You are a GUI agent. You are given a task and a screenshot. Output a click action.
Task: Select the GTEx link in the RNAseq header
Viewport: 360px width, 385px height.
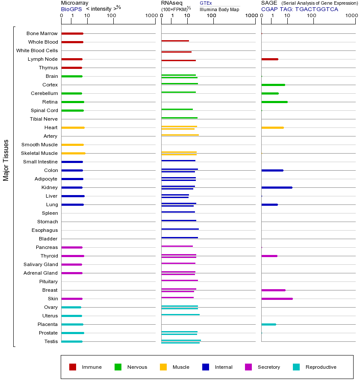(206, 3)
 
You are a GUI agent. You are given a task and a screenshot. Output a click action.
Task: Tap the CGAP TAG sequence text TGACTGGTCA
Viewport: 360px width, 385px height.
(316, 9)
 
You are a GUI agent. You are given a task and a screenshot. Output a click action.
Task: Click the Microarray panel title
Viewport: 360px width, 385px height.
(75, 3)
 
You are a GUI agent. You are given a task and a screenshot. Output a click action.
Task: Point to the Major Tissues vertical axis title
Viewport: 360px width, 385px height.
(6, 160)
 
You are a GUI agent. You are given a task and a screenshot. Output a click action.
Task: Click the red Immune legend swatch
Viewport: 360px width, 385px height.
(73, 367)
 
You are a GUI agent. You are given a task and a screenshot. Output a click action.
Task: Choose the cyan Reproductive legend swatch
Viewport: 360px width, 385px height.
(296, 367)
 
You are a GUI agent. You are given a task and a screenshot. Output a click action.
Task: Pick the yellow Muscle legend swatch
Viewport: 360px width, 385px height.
(163, 367)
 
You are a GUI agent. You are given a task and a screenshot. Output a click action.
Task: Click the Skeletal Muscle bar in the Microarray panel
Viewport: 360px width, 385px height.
(73, 153)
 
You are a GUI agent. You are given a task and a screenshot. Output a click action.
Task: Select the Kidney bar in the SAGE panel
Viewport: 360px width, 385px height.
(277, 187)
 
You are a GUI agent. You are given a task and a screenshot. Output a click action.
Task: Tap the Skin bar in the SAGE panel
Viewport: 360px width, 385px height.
(277, 299)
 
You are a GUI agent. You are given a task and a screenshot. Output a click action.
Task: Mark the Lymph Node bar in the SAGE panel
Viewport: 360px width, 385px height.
(269, 59)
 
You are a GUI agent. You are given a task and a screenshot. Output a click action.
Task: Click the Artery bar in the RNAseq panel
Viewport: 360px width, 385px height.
(180, 135)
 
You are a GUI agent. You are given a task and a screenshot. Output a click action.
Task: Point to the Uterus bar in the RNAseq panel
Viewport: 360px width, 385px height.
(180, 315)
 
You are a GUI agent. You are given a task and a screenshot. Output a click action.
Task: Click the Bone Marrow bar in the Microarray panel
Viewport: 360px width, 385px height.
(72, 33)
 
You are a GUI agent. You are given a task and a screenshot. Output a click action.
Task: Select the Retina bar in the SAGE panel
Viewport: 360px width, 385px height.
(274, 102)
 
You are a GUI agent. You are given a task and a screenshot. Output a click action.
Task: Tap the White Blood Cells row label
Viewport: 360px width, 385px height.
(37, 50)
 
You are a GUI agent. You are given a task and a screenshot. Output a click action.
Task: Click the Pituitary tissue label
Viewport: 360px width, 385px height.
(48, 281)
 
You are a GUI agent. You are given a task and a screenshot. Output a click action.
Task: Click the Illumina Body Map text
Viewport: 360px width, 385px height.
(219, 9)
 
